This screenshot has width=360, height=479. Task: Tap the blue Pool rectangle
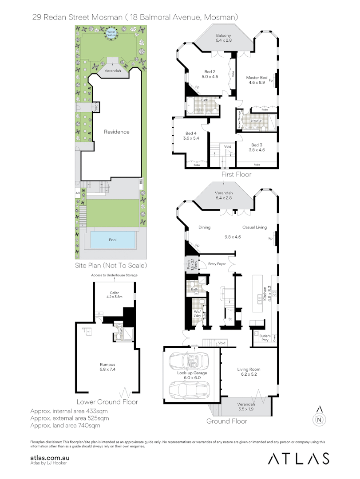113,240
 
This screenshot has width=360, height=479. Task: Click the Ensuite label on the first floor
256,120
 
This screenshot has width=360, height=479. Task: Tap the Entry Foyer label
217,263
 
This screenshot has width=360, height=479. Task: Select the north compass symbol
319,418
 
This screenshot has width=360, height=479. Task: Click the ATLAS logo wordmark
298,459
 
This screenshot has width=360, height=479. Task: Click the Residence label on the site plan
117,132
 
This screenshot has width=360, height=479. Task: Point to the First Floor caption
236,175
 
